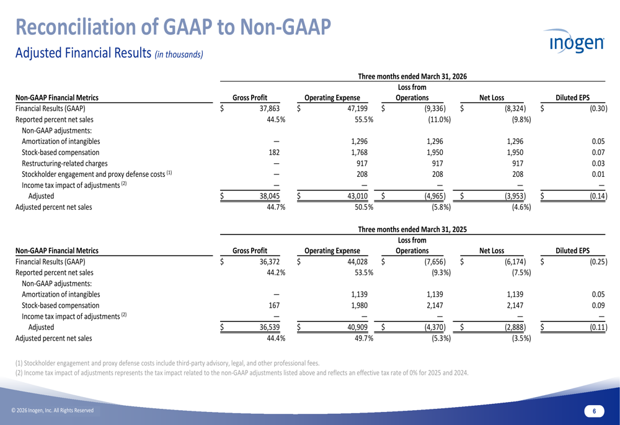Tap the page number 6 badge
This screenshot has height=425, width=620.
(x=594, y=411)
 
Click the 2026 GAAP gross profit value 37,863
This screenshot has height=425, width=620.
(x=269, y=109)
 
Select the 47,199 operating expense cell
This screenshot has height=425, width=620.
(x=357, y=109)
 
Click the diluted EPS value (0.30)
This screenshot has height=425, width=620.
(x=598, y=109)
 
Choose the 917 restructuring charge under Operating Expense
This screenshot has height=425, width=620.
(x=362, y=163)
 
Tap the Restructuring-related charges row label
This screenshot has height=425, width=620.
(x=64, y=163)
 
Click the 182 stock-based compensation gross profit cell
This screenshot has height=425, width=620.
(x=274, y=153)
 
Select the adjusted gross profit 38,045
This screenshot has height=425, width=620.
(x=269, y=196)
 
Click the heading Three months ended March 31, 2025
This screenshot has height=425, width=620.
(x=412, y=230)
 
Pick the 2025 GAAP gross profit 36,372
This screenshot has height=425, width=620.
(x=269, y=262)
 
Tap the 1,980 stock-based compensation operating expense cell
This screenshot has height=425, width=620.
(x=359, y=305)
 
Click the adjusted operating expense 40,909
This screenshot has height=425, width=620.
(x=357, y=327)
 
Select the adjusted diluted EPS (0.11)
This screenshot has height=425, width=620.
(x=598, y=327)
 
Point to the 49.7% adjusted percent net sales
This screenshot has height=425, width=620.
(x=364, y=338)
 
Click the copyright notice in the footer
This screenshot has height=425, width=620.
(x=53, y=410)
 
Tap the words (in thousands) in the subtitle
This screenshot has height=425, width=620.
(x=179, y=55)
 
